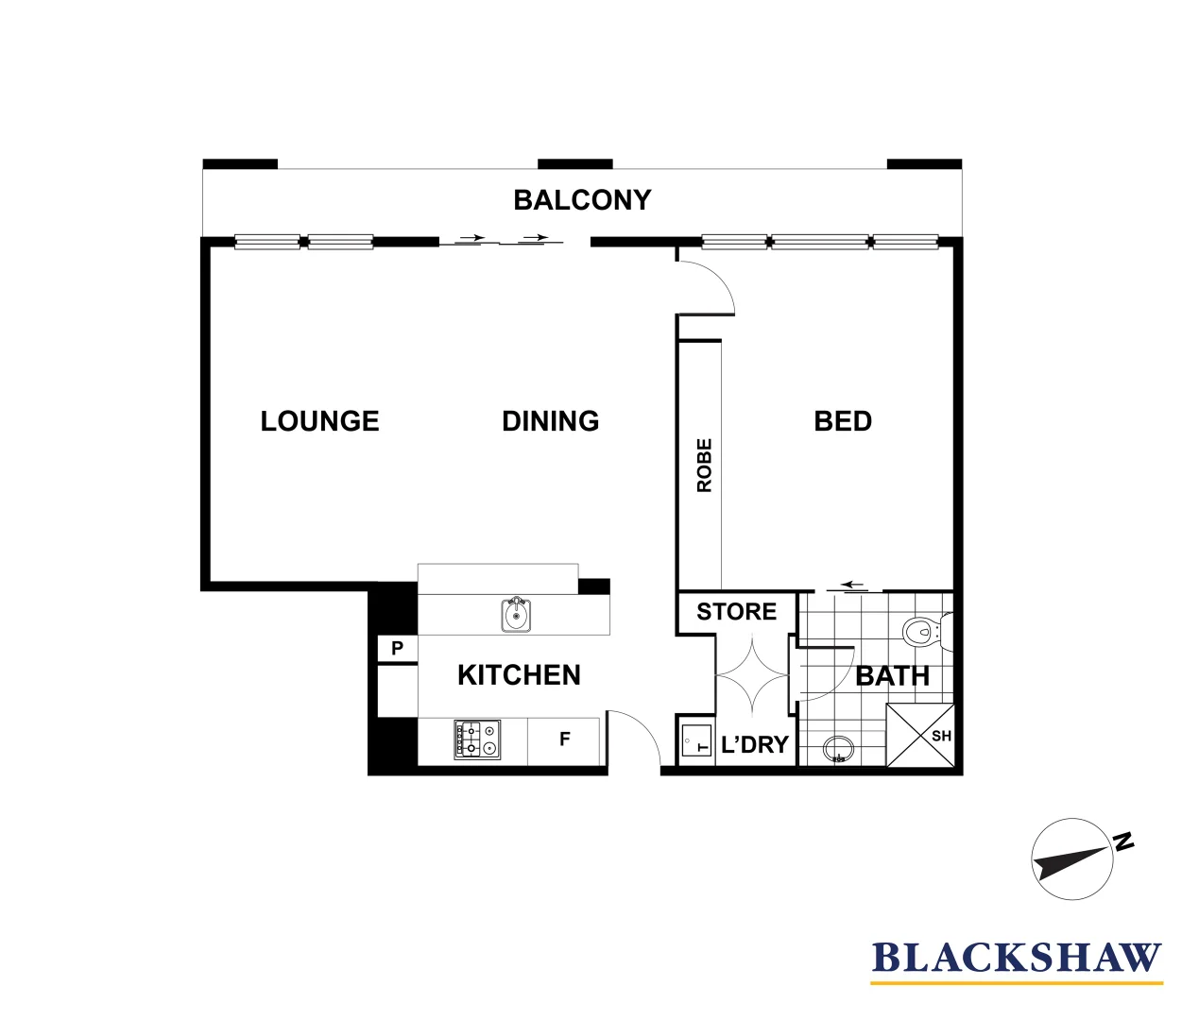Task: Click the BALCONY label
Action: tap(582, 200)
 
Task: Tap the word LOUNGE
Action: tap(319, 421)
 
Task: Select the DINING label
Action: tap(550, 421)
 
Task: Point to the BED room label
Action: tap(843, 421)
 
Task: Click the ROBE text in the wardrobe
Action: tap(704, 466)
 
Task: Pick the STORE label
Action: tap(736, 612)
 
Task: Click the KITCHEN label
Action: tap(519, 675)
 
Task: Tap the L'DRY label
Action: tap(754, 745)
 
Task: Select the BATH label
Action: tap(892, 676)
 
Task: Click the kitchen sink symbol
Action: tap(515, 615)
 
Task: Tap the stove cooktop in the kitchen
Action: tap(477, 739)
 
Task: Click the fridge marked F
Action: tap(564, 739)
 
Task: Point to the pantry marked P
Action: tap(398, 649)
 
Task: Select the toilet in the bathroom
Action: tap(925, 631)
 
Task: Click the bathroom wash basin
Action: tap(839, 751)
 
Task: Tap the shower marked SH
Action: tap(919, 736)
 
